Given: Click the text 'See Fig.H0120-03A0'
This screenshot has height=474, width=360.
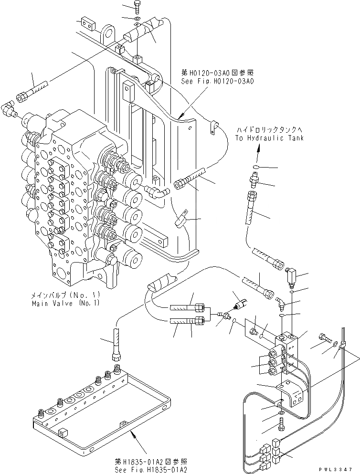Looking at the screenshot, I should coord(217,82).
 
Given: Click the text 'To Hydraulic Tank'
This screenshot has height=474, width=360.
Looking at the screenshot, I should coord(269,138).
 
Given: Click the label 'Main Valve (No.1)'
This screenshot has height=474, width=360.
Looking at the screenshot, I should coord(65,303).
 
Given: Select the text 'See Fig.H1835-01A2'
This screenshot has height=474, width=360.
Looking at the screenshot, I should coord(145,469).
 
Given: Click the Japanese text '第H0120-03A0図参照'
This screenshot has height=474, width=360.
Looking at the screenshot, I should coord(217,73).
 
